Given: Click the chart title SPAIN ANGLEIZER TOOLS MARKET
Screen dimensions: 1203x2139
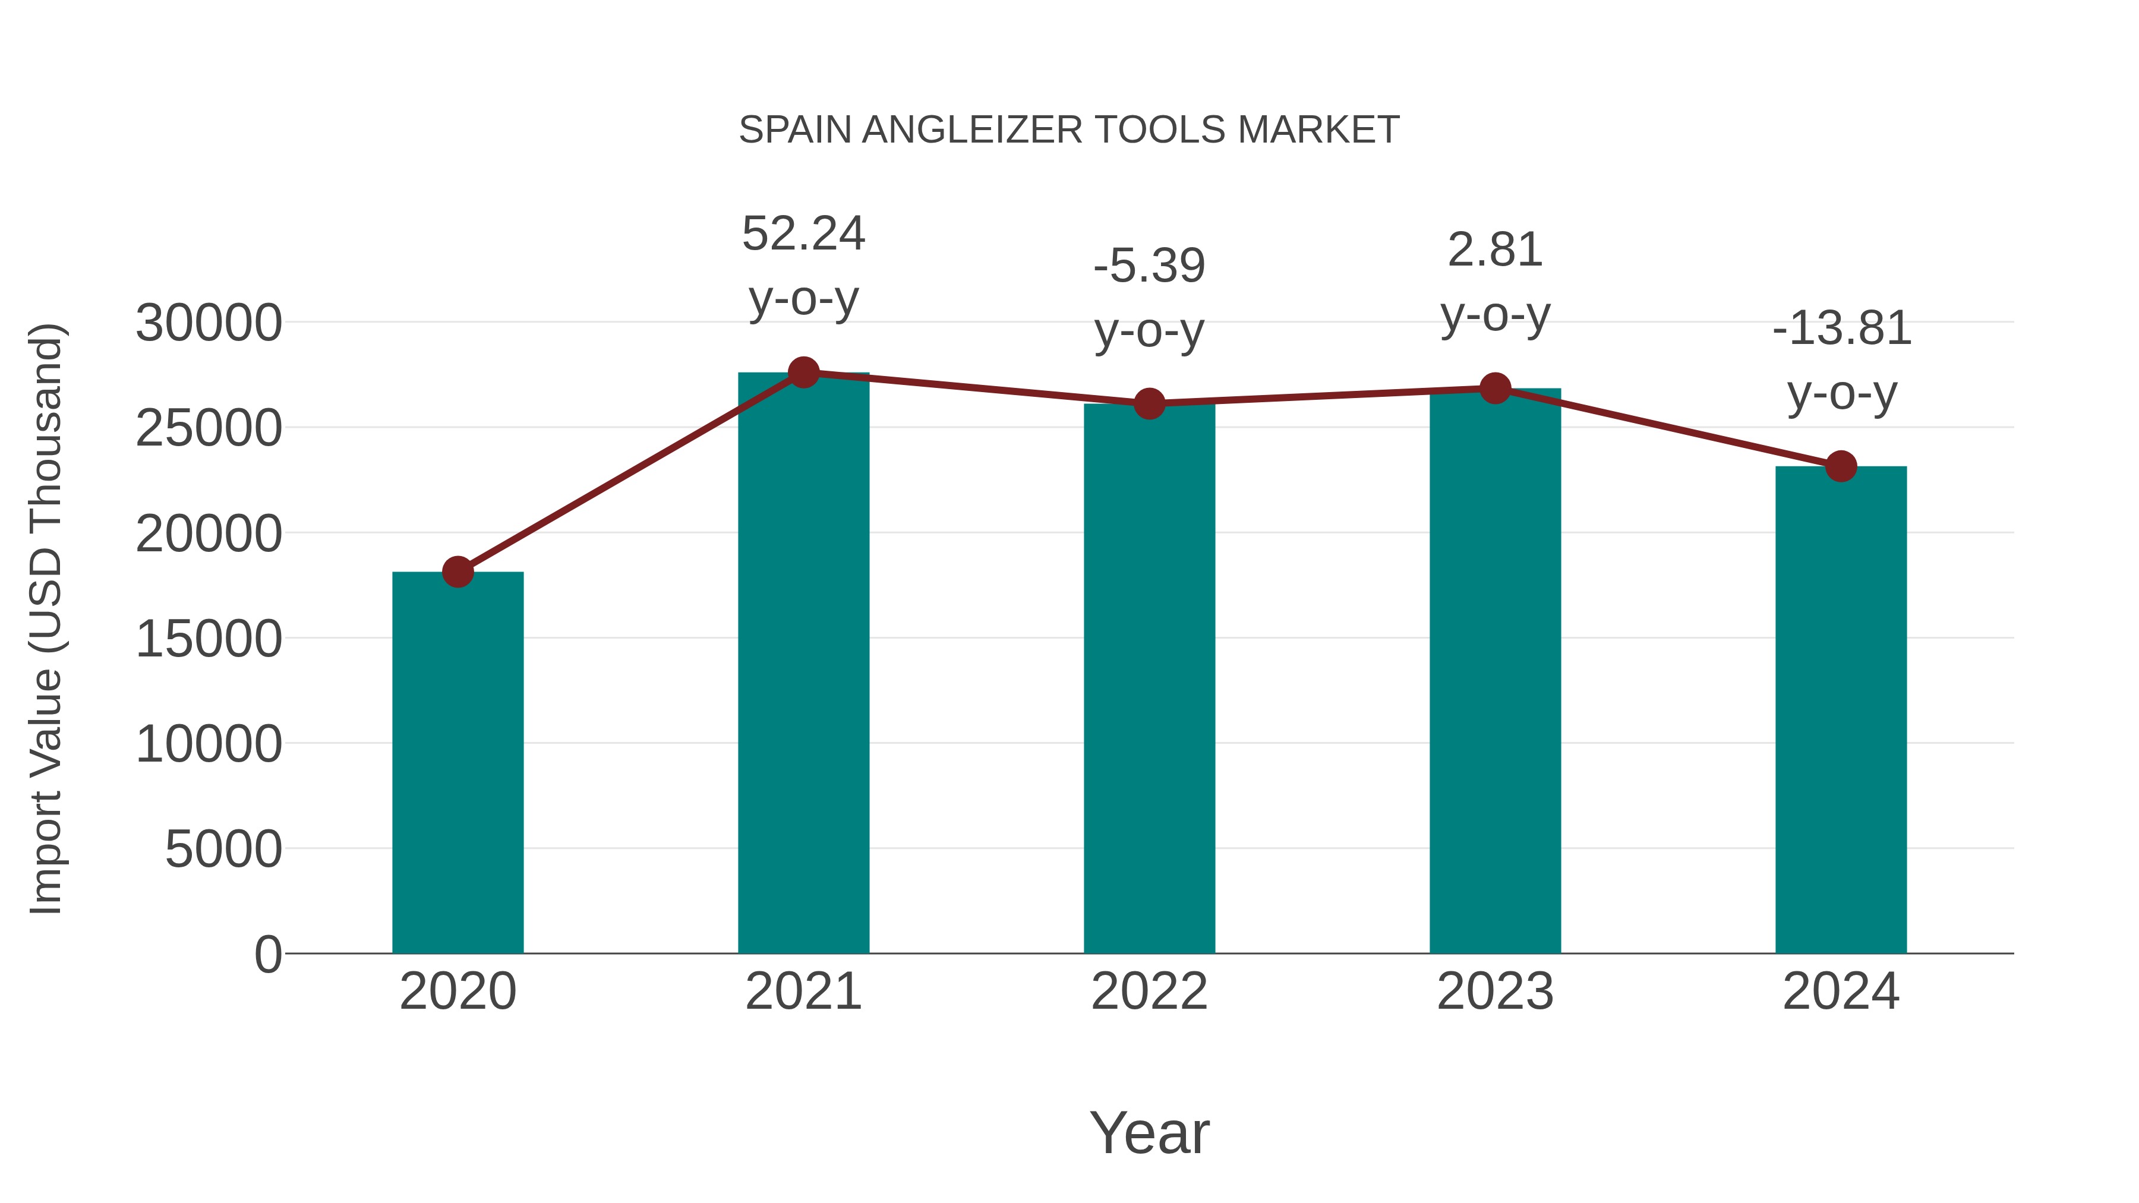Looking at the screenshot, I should [1069, 130].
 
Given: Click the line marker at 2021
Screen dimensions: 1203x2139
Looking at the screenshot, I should [803, 372].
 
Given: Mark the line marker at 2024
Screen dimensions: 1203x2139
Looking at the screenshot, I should [1841, 466].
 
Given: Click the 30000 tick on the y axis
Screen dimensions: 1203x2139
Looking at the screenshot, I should [209, 323].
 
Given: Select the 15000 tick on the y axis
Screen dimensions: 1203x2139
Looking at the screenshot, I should [209, 639].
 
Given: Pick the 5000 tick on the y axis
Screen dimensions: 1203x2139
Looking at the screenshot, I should [223, 850].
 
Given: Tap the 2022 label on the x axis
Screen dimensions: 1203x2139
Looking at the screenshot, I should [1149, 992].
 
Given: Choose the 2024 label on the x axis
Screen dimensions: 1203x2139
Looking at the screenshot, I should [1841, 992].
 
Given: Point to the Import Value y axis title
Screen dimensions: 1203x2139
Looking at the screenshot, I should [46, 618].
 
